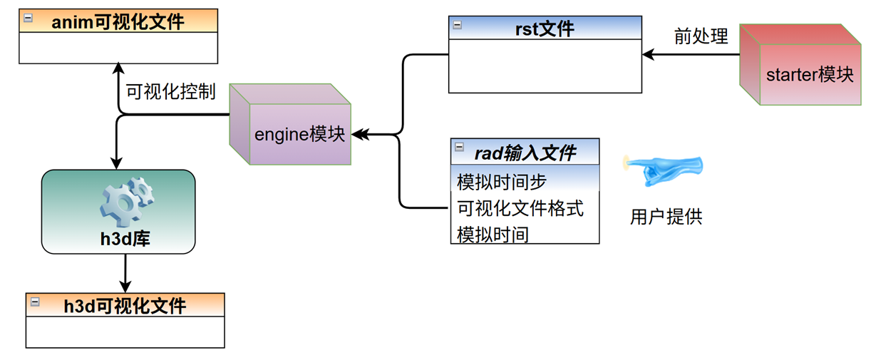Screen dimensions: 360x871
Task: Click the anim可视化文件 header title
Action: [x=118, y=21]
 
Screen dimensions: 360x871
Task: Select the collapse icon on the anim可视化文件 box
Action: [x=28, y=19]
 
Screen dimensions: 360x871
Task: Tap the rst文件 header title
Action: [x=545, y=29]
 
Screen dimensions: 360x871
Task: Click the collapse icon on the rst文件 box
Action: [x=458, y=26]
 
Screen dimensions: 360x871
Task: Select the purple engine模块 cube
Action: [x=291, y=133]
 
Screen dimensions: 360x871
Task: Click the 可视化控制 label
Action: [x=170, y=92]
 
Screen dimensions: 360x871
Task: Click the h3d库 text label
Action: [x=125, y=239]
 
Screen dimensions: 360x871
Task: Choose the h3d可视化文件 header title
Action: [x=125, y=306]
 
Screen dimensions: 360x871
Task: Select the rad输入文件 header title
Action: [x=525, y=152]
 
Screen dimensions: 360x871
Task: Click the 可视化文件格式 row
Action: [x=520, y=208]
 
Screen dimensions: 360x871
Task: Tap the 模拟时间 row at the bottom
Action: [x=493, y=234]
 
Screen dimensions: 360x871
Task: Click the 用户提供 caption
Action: [x=666, y=217]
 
